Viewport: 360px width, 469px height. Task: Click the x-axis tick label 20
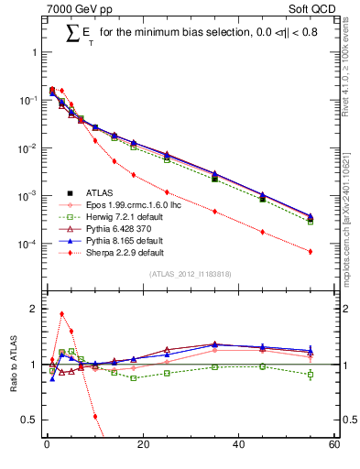pyautogui.click(x=142, y=445)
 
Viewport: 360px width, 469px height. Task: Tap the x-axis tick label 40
pyautogui.click(x=238, y=445)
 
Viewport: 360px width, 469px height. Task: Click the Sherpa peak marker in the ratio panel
pyautogui.click(x=61, y=314)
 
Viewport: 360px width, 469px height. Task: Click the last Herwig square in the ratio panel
pyautogui.click(x=311, y=374)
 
